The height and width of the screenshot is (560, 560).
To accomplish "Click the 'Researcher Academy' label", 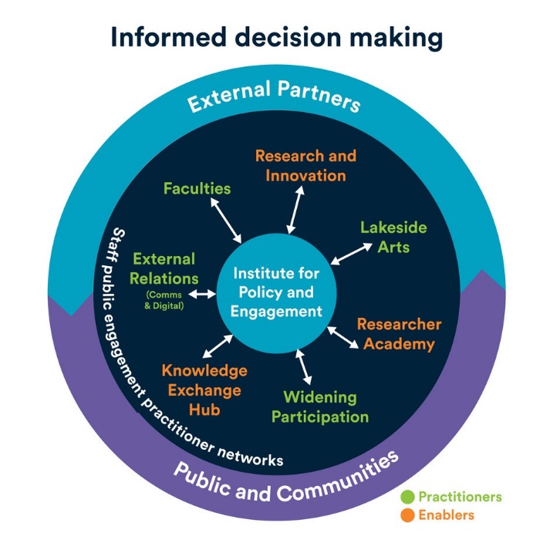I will pos(399,334).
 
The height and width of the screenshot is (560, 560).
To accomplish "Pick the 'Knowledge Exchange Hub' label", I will pos(204,390).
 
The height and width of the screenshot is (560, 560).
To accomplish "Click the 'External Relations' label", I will pos(163,268).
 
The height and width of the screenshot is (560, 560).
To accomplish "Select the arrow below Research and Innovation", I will pos(295,209).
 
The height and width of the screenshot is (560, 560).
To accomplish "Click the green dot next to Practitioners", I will pos(408,497).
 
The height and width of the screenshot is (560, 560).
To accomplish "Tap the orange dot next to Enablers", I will pos(408,514).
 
